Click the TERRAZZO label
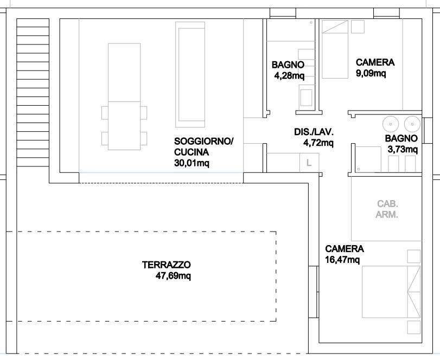pyautogui.click(x=167, y=265)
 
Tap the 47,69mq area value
pyautogui.click(x=173, y=276)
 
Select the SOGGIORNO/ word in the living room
pyautogui.click(x=204, y=141)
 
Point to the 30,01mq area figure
pyautogui.click(x=192, y=163)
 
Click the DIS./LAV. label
pyautogui.click(x=314, y=132)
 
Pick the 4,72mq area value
pyautogui.click(x=318, y=143)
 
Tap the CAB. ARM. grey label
pyautogui.click(x=387, y=209)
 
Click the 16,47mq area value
pyautogui.click(x=342, y=260)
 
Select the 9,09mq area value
pyautogui.click(x=371, y=73)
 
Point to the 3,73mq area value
pyautogui.click(x=403, y=150)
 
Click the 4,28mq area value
pyautogui.click(x=289, y=76)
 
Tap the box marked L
pyautogui.click(x=309, y=163)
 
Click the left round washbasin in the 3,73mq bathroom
pyautogui.click(x=390, y=124)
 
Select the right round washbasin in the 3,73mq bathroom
pyautogui.click(x=412, y=124)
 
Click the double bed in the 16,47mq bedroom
pyautogui.click(x=392, y=292)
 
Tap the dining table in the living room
pyautogui.click(x=124, y=97)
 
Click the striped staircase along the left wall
pyautogui.click(x=33, y=93)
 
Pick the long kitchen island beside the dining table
pyautogui.click(x=190, y=75)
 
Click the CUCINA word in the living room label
pyautogui.click(x=192, y=152)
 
